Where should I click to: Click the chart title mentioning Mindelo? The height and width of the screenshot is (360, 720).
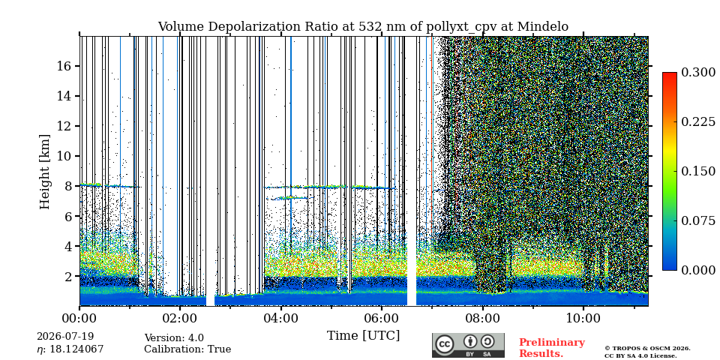click(x=363, y=27)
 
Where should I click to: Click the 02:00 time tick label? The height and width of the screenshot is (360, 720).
click(x=179, y=318)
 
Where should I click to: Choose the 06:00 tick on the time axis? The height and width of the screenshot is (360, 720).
click(x=382, y=307)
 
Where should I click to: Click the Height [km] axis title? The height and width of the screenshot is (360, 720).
click(x=44, y=172)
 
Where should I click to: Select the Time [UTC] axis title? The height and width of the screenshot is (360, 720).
click(x=363, y=336)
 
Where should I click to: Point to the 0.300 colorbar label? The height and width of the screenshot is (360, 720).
click(x=698, y=72)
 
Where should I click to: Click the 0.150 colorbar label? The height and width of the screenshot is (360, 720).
click(x=698, y=171)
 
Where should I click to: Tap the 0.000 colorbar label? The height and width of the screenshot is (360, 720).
click(x=698, y=271)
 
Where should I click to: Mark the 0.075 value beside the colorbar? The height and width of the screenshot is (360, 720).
click(x=698, y=220)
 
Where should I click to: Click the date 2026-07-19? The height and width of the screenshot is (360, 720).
click(x=65, y=337)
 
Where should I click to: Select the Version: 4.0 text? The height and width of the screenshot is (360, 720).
click(x=174, y=338)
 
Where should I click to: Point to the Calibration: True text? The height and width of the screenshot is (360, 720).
click(x=187, y=349)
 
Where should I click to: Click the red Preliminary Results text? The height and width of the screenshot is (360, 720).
click(x=552, y=348)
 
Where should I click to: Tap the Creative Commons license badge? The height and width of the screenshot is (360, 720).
click(x=468, y=345)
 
